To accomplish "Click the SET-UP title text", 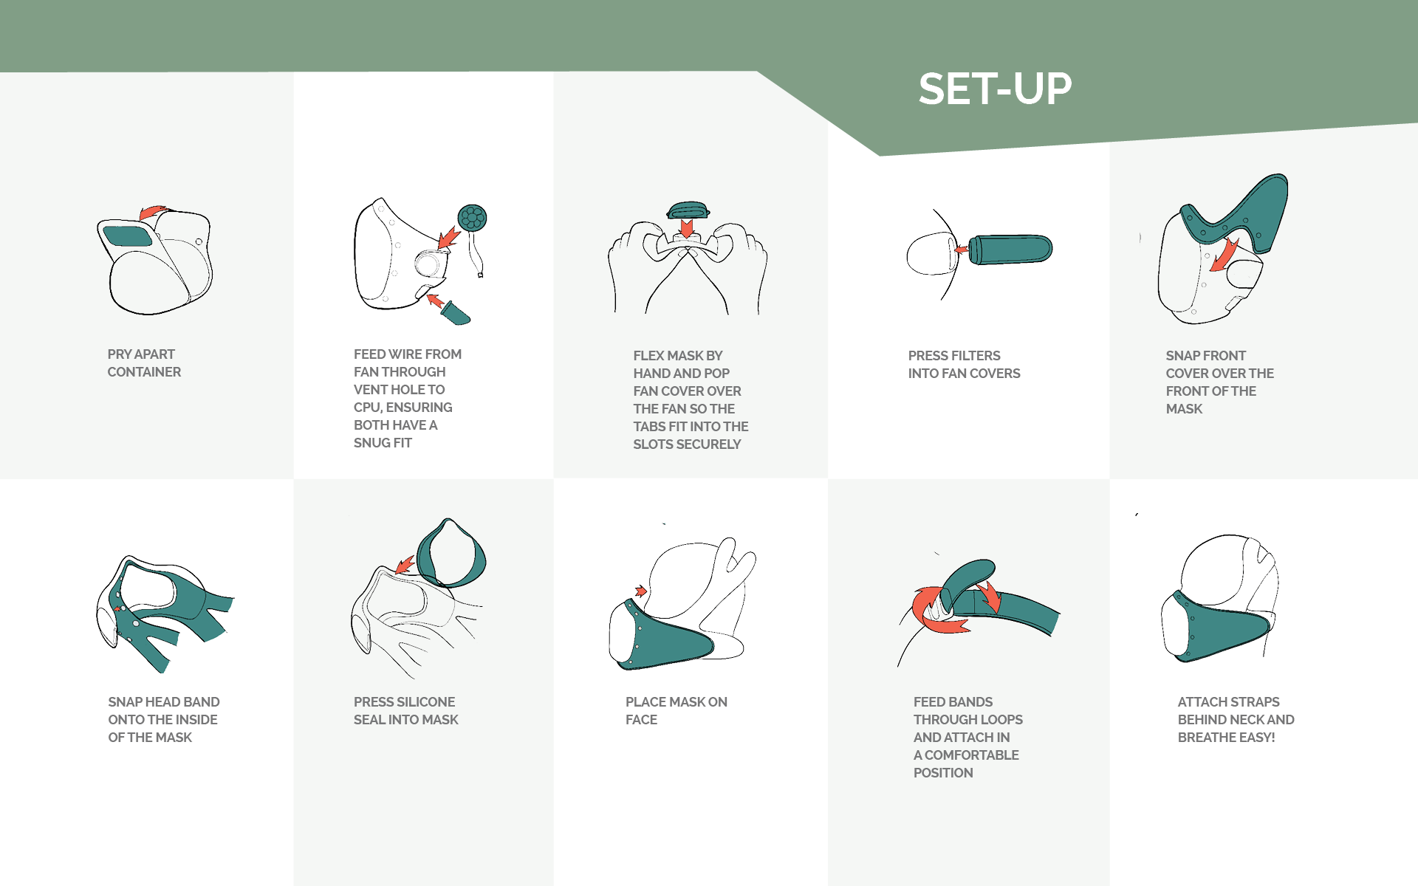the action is [995, 89].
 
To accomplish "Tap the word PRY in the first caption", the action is [120, 354].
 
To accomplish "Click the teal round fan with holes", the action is [472, 218].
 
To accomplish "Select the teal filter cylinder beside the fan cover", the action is [1010, 249].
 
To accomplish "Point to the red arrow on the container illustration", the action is [154, 213].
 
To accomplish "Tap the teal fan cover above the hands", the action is [688, 210].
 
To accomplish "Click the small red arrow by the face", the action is [641, 591].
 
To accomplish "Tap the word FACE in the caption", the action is [641, 720].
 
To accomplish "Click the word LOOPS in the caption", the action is [1002, 720].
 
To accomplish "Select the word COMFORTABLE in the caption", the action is [972, 755].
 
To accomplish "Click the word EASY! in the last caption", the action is [1256, 738].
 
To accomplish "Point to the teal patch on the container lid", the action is [128, 236].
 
